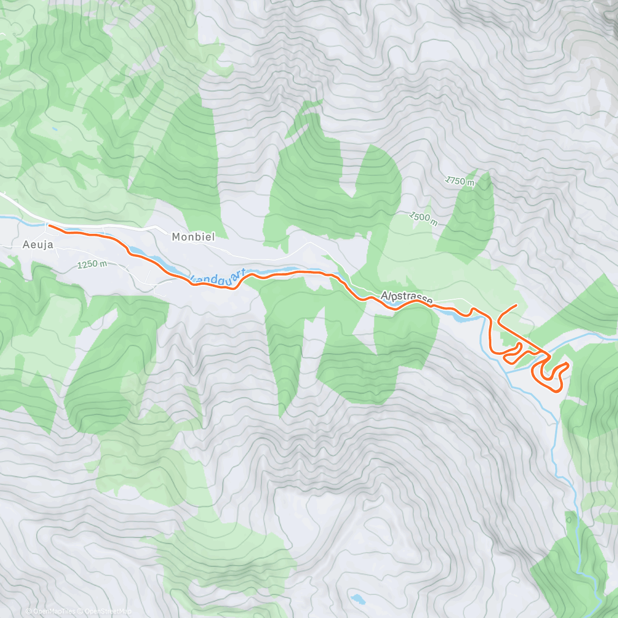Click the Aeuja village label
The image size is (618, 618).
[x=38, y=245]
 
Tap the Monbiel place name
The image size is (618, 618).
[x=193, y=237]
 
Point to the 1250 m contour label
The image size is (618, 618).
[x=92, y=265]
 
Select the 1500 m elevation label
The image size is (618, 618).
[x=424, y=218]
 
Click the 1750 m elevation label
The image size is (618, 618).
[x=460, y=181]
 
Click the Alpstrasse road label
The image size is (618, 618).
[x=407, y=298]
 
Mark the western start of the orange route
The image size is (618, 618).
[x=48, y=225]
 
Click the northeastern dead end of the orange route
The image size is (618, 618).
[x=516, y=306]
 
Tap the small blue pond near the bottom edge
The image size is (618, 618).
[x=357, y=599]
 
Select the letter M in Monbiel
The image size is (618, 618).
[x=176, y=237]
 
